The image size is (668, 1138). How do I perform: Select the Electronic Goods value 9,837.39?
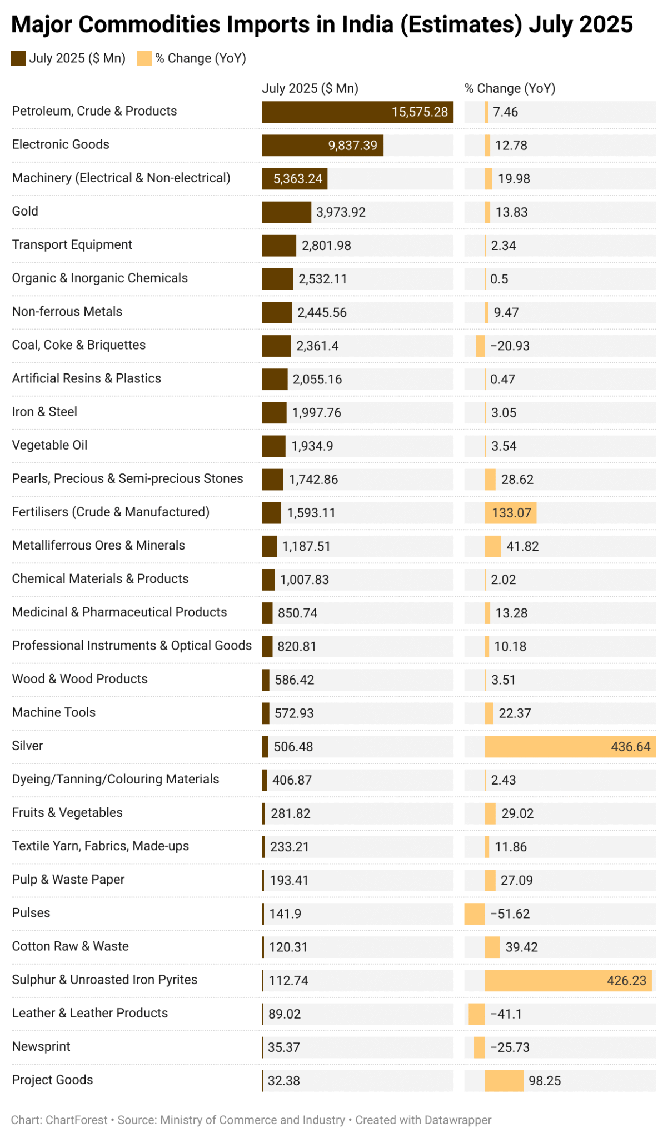click(352, 146)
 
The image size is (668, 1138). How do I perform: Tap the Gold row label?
click(25, 211)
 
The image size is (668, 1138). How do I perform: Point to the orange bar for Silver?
click(556, 746)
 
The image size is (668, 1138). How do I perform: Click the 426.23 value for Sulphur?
click(626, 980)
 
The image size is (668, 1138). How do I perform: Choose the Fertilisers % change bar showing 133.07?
click(510, 512)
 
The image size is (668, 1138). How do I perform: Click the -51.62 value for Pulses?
click(510, 914)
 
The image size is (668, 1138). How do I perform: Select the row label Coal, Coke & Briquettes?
click(79, 345)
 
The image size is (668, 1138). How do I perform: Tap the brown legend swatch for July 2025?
click(18, 58)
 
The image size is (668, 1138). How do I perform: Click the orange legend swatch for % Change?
click(144, 58)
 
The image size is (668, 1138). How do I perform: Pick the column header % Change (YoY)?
click(510, 88)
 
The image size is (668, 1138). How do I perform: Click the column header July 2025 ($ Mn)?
click(310, 88)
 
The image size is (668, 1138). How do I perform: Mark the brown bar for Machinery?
click(295, 179)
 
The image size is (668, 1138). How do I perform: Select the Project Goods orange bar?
click(504, 1081)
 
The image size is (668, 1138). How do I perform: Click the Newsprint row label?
click(41, 1047)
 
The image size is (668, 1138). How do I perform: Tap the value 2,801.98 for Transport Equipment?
click(326, 246)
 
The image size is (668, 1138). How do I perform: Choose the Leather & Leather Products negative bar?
click(476, 1014)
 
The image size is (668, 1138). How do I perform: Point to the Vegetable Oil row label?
click(49, 445)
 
